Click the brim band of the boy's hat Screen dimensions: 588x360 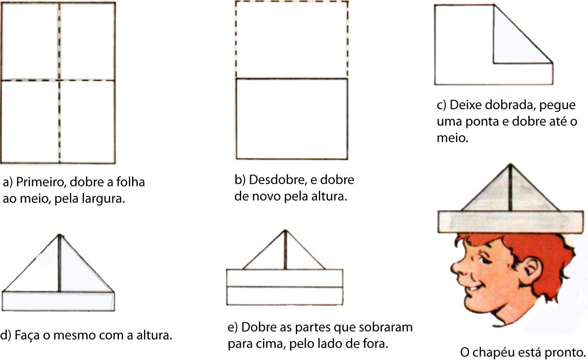[510, 222]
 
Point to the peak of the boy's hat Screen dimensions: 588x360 [510, 165]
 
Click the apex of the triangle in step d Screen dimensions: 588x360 [60, 235]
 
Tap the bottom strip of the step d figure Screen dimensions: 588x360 [58, 301]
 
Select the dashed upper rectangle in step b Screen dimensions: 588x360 [291, 39]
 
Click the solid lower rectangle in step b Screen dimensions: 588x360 [291, 118]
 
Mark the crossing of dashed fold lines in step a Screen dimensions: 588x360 [59, 80]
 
